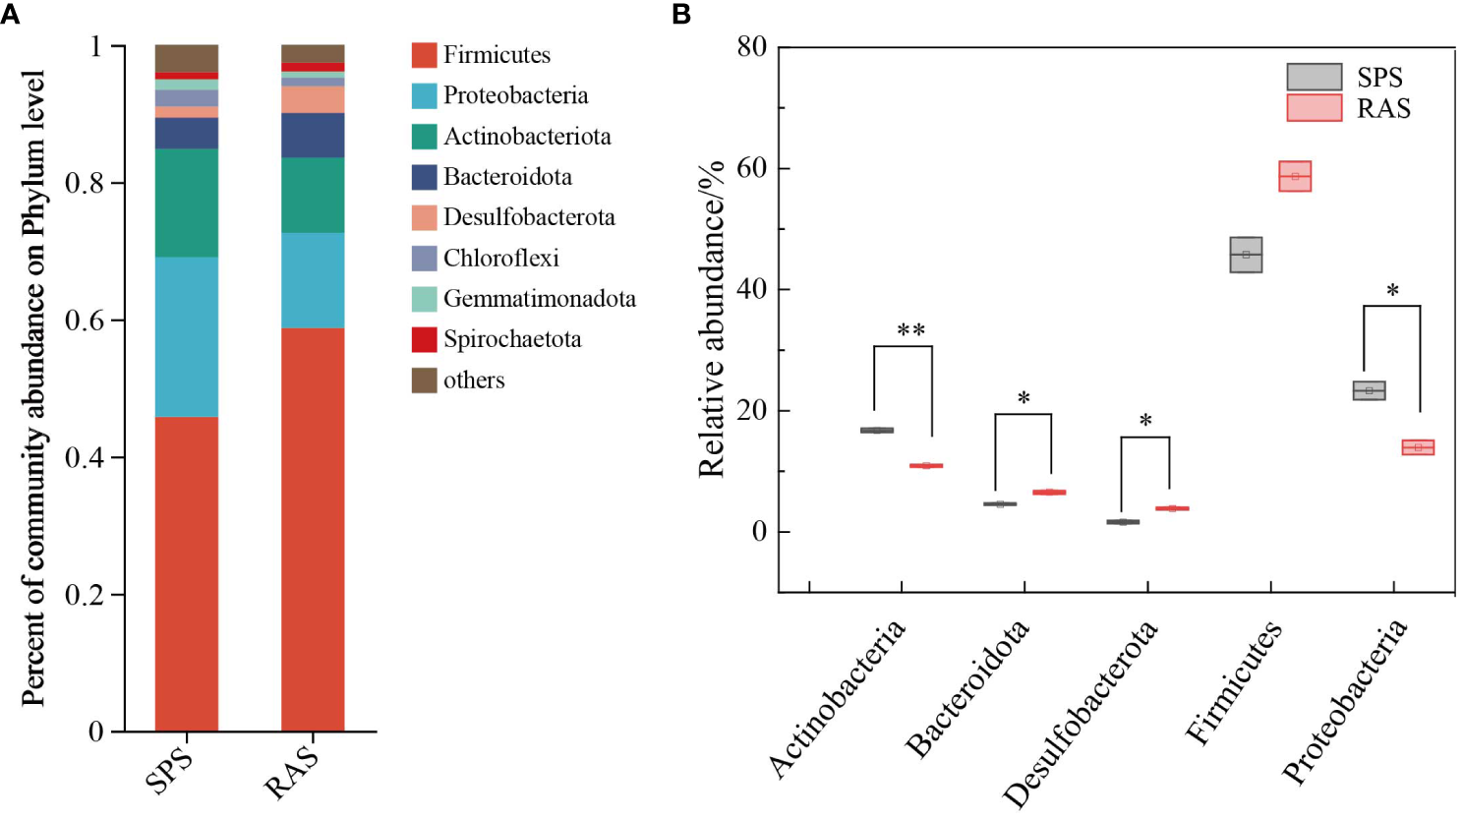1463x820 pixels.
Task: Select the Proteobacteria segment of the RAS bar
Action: click(313, 280)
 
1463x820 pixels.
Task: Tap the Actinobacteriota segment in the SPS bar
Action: click(186, 203)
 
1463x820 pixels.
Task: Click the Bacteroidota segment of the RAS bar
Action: click(313, 136)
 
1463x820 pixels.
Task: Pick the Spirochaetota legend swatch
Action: click(424, 339)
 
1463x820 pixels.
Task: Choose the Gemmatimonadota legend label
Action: click(539, 299)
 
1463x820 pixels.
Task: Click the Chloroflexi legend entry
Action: click(500, 259)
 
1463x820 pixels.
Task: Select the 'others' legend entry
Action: click(473, 381)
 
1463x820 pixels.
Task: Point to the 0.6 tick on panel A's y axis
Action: click(84, 322)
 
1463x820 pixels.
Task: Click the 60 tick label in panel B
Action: click(751, 168)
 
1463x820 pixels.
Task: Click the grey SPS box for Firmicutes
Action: click(1246, 255)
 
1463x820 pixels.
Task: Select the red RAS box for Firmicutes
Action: click(1295, 176)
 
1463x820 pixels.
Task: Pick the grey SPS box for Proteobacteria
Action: click(1369, 390)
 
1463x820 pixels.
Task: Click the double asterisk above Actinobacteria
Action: click(910, 330)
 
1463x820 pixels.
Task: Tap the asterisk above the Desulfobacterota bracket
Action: click(1145, 422)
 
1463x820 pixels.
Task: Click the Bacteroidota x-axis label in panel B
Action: click(967, 689)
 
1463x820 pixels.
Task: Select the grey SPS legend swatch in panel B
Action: click(1314, 77)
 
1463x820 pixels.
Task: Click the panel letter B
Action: click(681, 14)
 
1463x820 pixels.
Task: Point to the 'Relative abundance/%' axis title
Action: click(711, 319)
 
